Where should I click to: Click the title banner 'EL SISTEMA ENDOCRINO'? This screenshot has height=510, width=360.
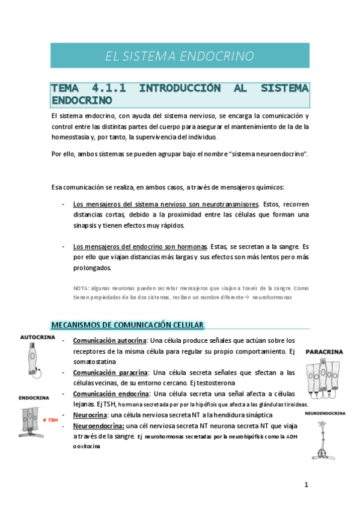(180, 57)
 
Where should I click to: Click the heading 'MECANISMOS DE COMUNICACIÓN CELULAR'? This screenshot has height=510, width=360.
(127, 325)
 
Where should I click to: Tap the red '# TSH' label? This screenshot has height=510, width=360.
(47, 420)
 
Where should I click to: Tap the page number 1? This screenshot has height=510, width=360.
(306, 485)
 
